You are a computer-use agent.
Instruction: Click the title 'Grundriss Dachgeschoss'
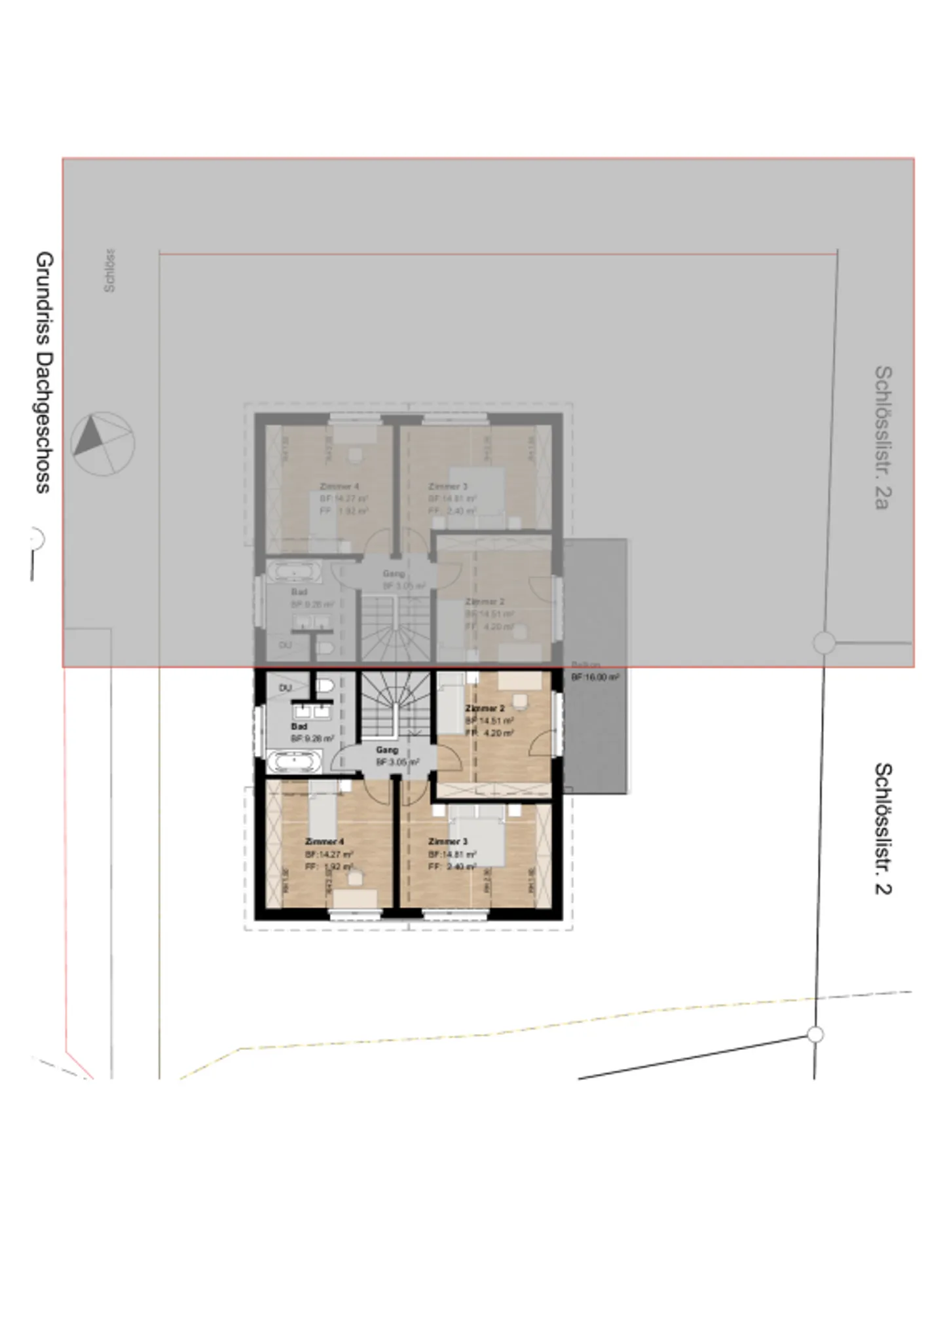click(x=43, y=371)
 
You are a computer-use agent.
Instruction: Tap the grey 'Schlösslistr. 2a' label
click(x=883, y=437)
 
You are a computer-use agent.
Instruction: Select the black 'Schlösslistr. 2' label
click(x=883, y=827)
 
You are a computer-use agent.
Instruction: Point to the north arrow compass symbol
click(x=102, y=443)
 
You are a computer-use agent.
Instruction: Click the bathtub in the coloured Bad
click(x=294, y=762)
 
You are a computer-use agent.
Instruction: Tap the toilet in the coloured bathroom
click(x=325, y=685)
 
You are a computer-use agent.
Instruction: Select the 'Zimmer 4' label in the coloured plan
click(x=324, y=841)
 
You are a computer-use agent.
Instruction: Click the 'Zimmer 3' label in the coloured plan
click(x=447, y=841)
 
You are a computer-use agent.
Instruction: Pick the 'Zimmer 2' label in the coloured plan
click(x=485, y=708)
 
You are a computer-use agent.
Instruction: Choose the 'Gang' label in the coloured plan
click(x=387, y=750)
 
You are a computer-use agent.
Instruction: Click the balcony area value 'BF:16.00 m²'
click(x=595, y=677)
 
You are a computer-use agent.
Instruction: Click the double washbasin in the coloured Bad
click(x=312, y=711)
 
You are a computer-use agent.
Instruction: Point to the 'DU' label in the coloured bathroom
click(x=285, y=688)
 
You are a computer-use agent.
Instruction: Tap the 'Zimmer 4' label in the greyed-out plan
click(x=339, y=486)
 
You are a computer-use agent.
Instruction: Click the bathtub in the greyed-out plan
click(x=294, y=573)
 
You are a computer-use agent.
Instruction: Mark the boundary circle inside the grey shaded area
click(x=824, y=643)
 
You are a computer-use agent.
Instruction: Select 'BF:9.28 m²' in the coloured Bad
click(x=312, y=738)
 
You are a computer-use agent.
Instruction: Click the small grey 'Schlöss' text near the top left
click(x=109, y=270)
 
